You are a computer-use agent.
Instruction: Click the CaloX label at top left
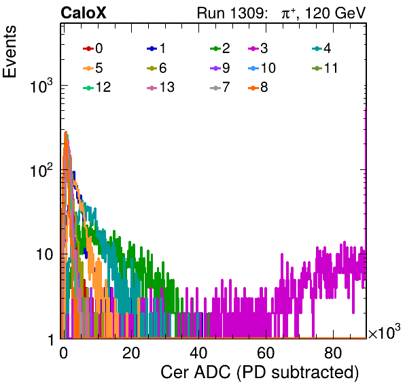[84, 13]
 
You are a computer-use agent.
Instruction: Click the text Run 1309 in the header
[231, 13]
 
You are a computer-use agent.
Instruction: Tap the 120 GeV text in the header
[336, 13]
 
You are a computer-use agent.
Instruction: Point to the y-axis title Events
[10, 52]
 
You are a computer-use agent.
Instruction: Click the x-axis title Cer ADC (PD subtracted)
[260, 373]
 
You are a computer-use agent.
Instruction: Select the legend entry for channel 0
[92, 48]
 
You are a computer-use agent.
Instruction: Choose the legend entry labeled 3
[258, 48]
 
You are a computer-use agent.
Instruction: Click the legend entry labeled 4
[321, 48]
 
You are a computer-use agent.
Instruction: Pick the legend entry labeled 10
[262, 68]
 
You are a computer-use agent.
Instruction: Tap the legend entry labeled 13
[160, 87]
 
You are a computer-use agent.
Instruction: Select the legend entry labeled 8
[258, 87]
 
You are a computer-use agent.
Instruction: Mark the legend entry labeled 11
[325, 68]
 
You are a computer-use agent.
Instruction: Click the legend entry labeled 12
[97, 87]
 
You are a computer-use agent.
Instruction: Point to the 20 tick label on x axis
[131, 353]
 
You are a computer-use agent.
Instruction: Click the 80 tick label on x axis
[333, 353]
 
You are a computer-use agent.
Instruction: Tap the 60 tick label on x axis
[266, 353]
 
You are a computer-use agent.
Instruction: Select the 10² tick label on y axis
[41, 170]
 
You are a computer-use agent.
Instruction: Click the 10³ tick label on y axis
[41, 86]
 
